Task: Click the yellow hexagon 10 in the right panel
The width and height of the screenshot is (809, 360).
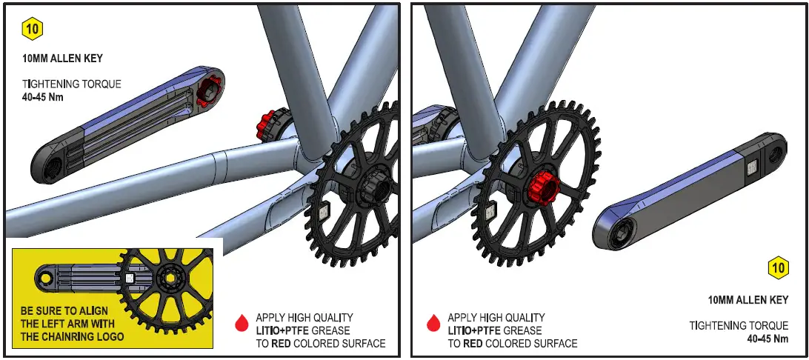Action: (x=778, y=267)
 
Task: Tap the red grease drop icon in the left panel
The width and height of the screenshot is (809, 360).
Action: (x=241, y=322)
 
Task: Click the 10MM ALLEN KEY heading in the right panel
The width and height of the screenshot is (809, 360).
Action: (x=748, y=300)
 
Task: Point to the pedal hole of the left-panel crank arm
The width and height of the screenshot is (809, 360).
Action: (x=51, y=167)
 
